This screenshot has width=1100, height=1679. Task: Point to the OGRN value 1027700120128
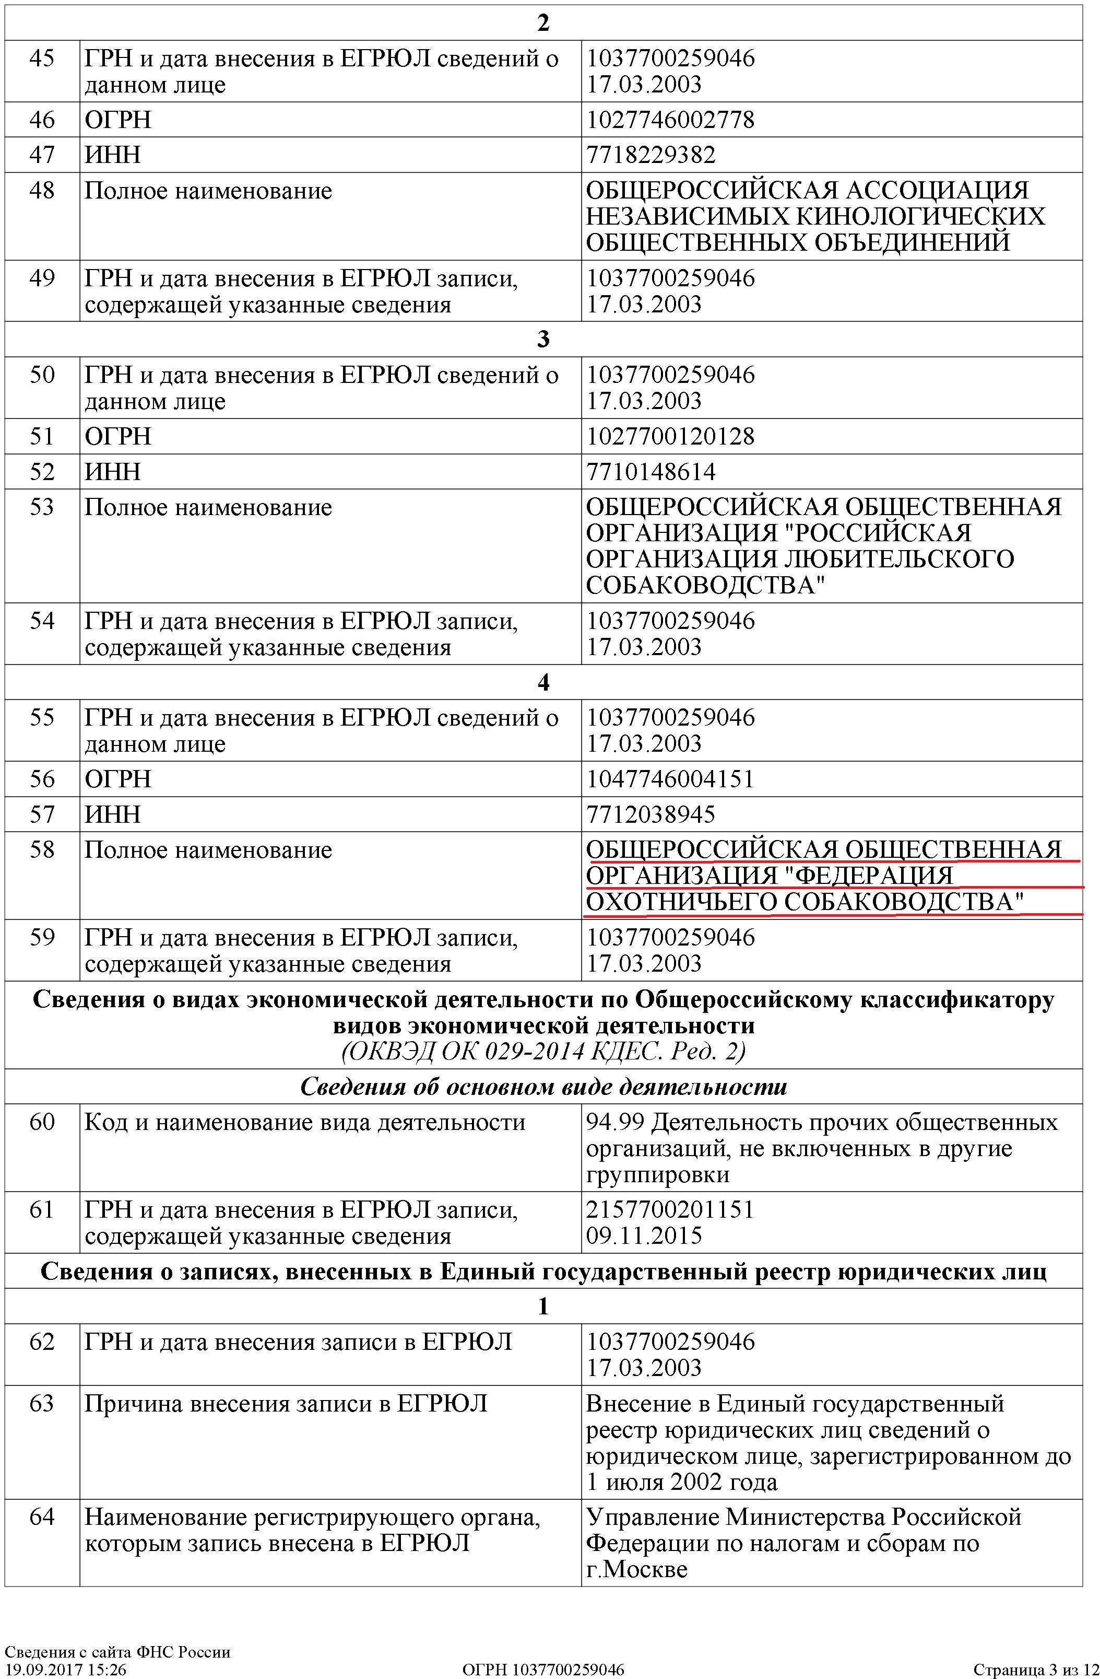click(x=670, y=436)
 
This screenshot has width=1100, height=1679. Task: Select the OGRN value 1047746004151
click(x=670, y=779)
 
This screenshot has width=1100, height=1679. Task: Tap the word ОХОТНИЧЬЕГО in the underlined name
click(x=680, y=902)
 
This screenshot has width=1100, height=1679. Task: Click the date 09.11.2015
click(x=644, y=1235)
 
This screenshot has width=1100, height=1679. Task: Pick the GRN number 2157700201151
click(x=670, y=1209)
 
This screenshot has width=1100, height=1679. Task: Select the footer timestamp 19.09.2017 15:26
click(x=66, y=1669)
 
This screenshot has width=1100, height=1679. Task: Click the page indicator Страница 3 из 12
click(x=1035, y=1669)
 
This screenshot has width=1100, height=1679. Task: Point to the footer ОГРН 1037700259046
click(x=543, y=1669)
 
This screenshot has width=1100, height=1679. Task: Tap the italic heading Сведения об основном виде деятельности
click(x=543, y=1087)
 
